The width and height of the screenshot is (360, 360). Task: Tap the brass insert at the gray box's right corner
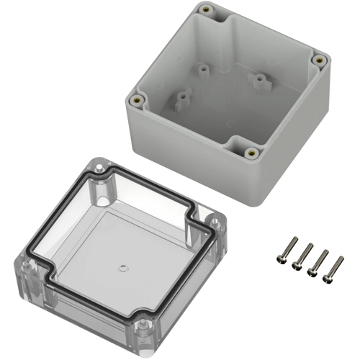point(318,60)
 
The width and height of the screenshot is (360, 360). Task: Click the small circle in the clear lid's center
point(122,269)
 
